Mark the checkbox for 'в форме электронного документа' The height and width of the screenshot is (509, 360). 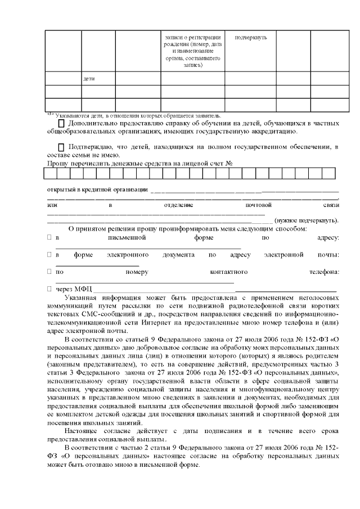coord(49,255)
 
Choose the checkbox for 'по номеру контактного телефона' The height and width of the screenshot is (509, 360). coord(49,272)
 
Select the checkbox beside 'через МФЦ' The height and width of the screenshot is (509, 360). coord(49,289)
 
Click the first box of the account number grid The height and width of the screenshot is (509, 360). coord(52,173)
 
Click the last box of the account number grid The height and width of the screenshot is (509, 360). coord(328,173)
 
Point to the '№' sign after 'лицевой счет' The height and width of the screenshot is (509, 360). coord(229,163)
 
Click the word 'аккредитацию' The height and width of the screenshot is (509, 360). coord(270,132)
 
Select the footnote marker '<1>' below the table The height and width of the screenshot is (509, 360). coord(49,114)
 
